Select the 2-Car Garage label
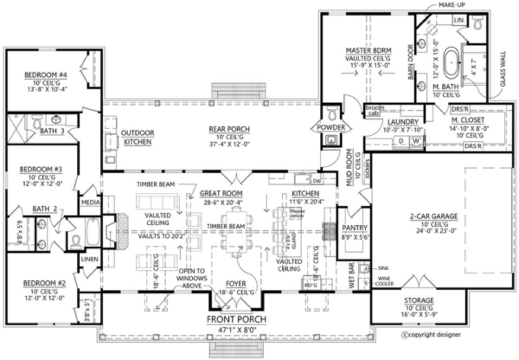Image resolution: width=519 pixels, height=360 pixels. tap(433, 216)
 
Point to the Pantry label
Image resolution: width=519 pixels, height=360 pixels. tap(355, 228)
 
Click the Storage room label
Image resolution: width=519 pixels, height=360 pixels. tap(418, 300)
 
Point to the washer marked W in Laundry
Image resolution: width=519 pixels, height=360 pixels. tap(417, 142)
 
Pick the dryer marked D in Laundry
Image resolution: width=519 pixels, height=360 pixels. tap(401, 142)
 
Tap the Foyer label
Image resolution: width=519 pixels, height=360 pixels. tap(236, 284)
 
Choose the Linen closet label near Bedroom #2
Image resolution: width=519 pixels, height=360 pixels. tap(89, 260)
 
